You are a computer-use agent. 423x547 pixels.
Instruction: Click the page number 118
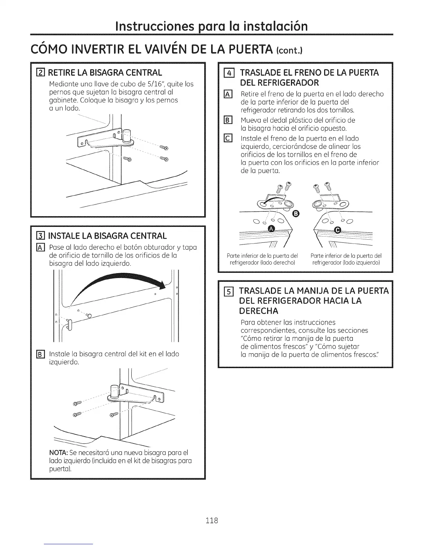211,520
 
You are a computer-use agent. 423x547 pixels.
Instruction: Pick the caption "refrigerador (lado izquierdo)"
346,263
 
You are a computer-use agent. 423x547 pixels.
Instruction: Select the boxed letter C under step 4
228,138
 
